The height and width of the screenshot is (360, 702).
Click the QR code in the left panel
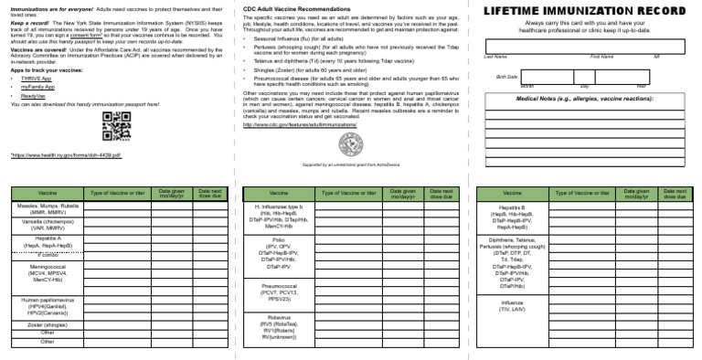click(x=114, y=126)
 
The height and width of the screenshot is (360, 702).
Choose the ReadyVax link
click(x=33, y=95)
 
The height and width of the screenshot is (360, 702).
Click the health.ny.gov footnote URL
click(x=66, y=156)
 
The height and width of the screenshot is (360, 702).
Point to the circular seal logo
click(x=350, y=144)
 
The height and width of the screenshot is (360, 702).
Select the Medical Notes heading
click(x=584, y=98)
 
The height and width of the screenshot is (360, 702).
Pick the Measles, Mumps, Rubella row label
click(x=48, y=209)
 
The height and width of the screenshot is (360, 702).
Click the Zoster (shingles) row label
click(x=48, y=324)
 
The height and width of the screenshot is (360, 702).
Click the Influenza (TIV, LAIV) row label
click(x=513, y=305)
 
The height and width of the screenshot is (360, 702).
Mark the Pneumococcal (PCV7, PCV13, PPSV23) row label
click(x=280, y=291)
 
